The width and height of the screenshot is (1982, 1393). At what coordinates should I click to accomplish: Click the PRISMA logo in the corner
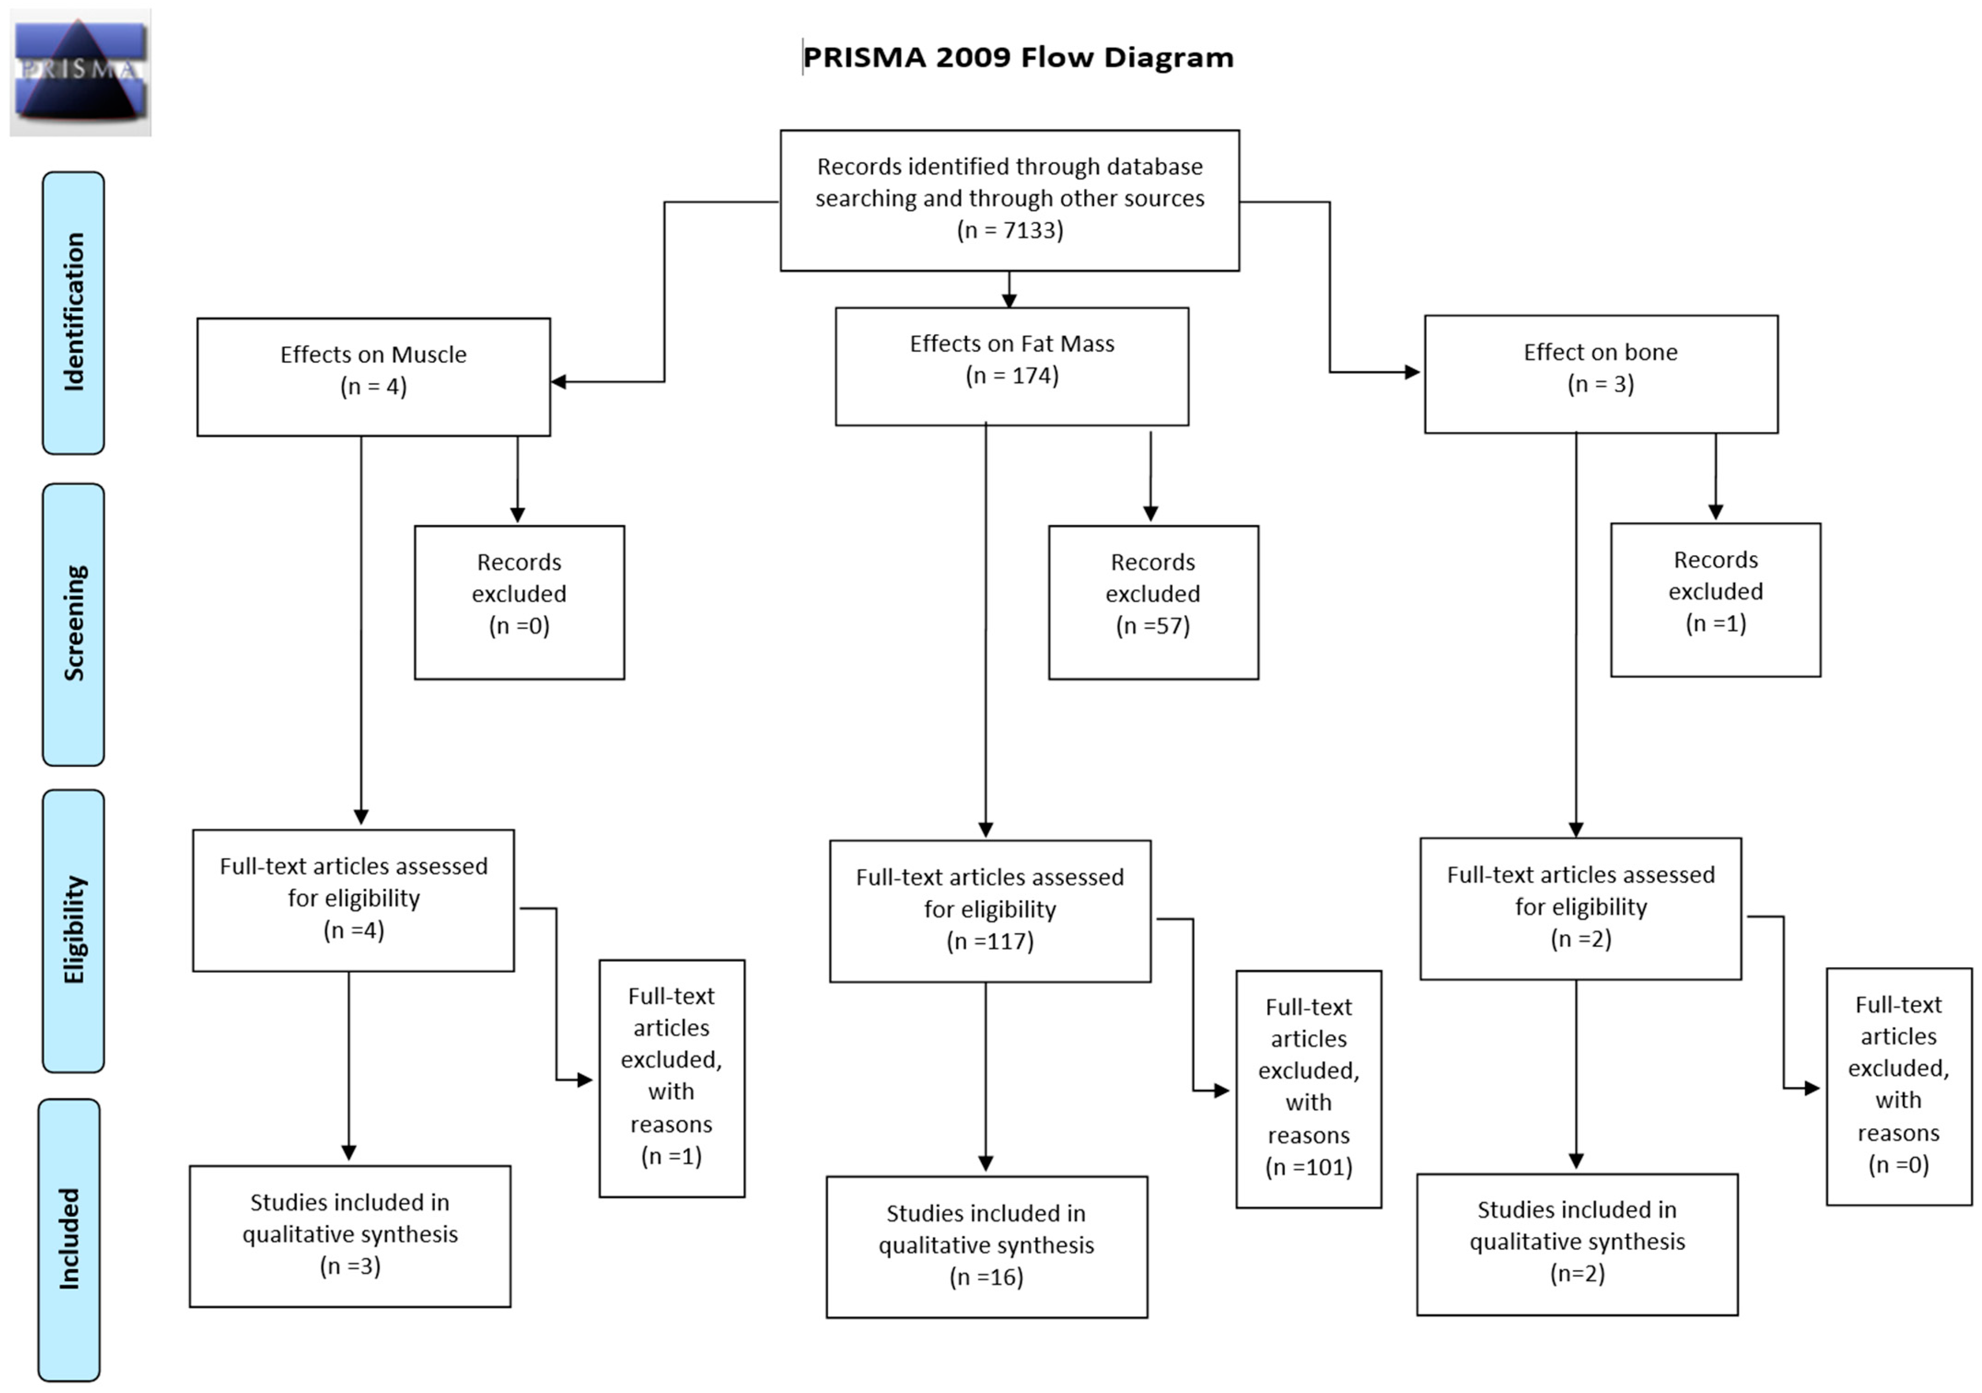point(80,72)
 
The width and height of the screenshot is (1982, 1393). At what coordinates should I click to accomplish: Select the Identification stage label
point(73,313)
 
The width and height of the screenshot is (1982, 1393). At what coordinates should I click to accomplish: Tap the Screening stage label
point(73,624)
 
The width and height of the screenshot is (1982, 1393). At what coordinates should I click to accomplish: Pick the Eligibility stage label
point(73,930)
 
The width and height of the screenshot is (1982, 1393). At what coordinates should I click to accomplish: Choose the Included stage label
point(69,1239)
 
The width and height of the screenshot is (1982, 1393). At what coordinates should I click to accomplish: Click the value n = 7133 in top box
point(1010,231)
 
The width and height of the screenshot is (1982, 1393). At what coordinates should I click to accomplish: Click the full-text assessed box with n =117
point(990,911)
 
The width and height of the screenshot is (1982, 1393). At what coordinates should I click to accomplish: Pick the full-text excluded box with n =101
point(1308,1088)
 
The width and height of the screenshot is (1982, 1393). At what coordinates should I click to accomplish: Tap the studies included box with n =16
point(987,1246)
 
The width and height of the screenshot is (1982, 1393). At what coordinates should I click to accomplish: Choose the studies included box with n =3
point(349,1236)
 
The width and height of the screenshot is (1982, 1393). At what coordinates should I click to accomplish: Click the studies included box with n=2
point(1577,1244)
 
